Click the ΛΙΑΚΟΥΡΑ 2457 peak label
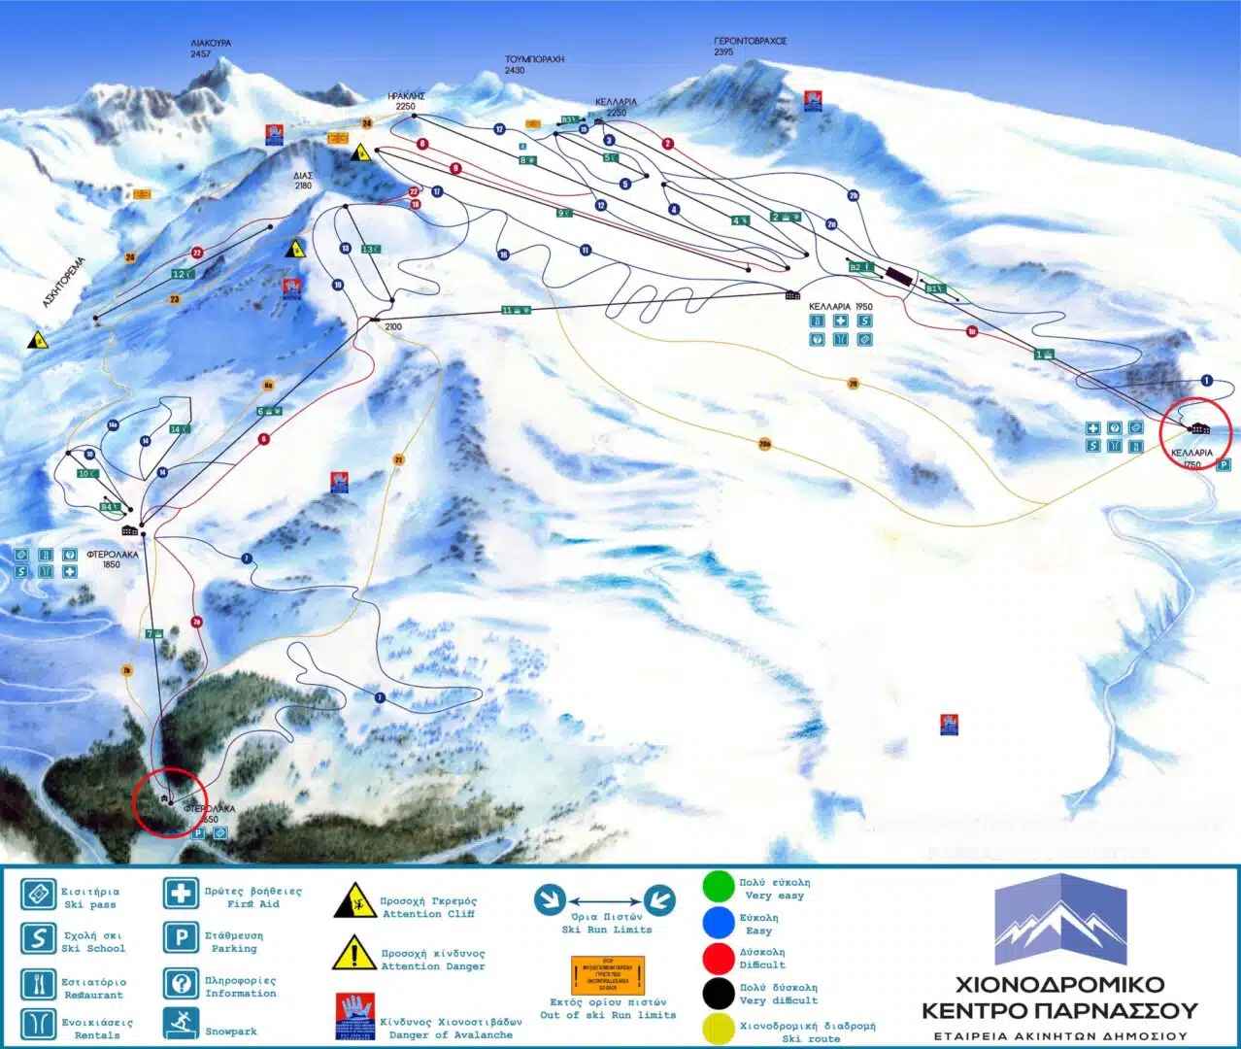tap(211, 49)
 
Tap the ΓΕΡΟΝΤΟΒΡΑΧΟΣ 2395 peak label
tap(750, 46)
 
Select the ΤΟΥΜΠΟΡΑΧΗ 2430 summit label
tap(534, 64)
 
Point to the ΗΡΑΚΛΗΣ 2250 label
tap(406, 101)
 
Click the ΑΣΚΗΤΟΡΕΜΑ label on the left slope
tap(64, 282)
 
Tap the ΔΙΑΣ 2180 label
tap(303, 181)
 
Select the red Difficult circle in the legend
tap(719, 958)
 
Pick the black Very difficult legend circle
tap(719, 993)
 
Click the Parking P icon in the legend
tap(181, 938)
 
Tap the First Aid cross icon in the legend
tap(181, 893)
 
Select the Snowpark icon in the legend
tap(181, 1023)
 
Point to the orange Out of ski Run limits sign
tap(608, 974)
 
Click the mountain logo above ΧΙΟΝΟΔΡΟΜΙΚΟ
tap(1060, 919)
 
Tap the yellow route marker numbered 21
tap(398, 459)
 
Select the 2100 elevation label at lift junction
tap(392, 327)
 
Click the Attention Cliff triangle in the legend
tap(354, 901)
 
